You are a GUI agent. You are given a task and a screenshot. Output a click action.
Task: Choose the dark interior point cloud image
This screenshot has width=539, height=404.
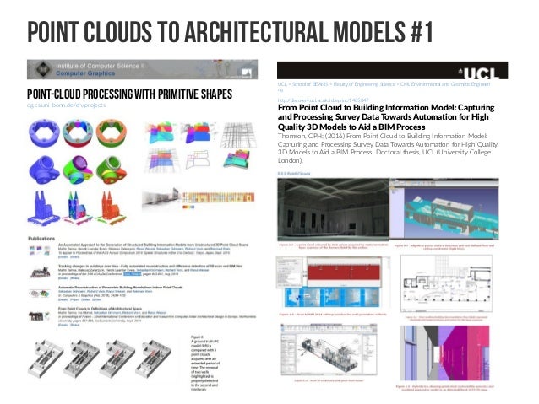[331, 207]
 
